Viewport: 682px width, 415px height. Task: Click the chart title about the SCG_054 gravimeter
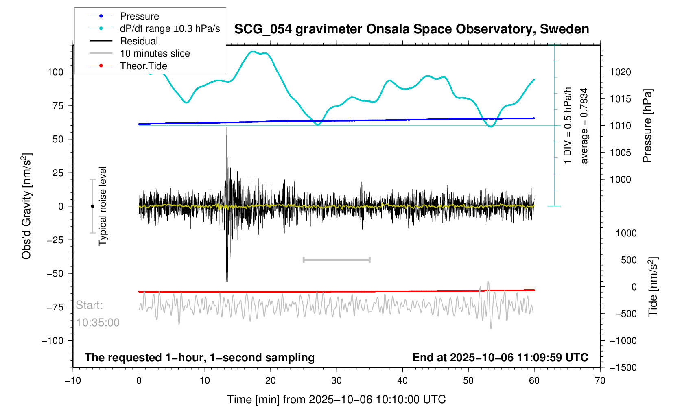click(411, 29)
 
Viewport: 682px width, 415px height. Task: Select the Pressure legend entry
click(139, 16)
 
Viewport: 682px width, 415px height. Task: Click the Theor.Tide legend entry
click(143, 66)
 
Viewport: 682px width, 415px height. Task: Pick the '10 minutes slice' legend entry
click(155, 53)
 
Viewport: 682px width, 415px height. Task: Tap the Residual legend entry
click(139, 41)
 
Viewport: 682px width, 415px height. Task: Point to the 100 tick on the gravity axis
click(55, 72)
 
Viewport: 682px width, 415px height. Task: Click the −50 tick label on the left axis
click(55, 273)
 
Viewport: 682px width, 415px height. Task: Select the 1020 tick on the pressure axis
click(620, 72)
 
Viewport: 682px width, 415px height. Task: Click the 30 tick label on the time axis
click(337, 381)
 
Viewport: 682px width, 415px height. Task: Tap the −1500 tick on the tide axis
click(623, 367)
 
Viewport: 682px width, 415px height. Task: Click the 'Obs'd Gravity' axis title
click(26, 206)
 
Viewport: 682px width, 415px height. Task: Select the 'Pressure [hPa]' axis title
click(647, 126)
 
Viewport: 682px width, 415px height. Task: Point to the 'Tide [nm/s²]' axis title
click(653, 287)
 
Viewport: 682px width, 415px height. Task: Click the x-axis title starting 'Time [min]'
click(336, 400)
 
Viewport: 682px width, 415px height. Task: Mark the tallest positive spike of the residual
click(227, 128)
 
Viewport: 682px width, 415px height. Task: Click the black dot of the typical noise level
click(92, 206)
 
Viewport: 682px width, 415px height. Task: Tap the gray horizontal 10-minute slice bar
click(337, 260)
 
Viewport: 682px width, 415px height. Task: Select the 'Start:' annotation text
click(90, 305)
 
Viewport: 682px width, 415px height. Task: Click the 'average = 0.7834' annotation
click(584, 126)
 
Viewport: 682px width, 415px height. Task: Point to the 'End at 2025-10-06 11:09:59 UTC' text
click(500, 358)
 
